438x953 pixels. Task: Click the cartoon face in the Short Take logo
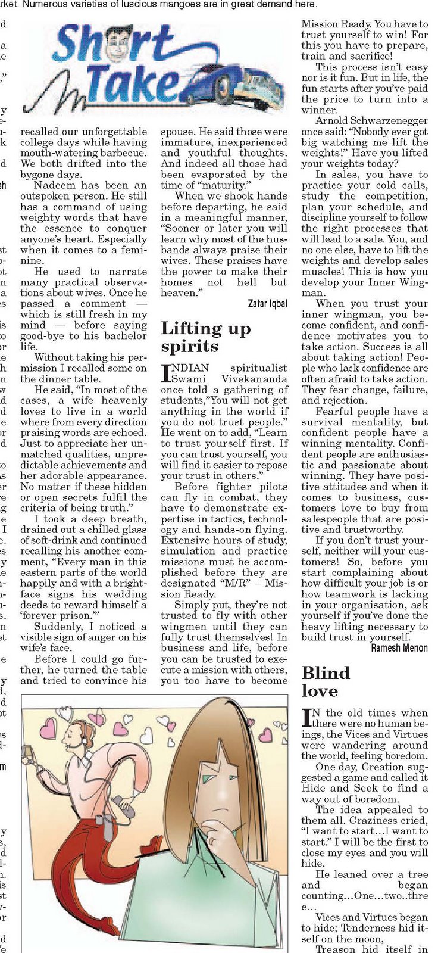(x=121, y=45)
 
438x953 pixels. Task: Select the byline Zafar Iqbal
(x=267, y=304)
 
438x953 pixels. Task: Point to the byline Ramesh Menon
(x=399, y=647)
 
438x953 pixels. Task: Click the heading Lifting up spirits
(x=206, y=337)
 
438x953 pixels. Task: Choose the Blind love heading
(x=326, y=681)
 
